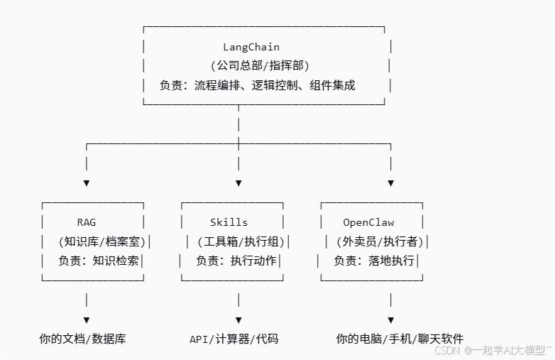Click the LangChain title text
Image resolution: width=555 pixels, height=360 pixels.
point(251,48)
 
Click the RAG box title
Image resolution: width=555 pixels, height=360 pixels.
point(86,222)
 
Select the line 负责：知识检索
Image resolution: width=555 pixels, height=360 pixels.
point(99,261)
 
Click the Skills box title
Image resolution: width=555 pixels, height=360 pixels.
point(229,222)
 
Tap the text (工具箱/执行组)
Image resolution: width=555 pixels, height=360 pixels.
point(240,241)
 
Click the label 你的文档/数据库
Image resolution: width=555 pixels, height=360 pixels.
point(83,339)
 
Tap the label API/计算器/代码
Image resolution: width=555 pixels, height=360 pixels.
point(234,339)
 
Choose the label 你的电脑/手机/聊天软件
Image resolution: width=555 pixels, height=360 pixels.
point(400,339)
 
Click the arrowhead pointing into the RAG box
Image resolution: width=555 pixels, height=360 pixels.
point(87,183)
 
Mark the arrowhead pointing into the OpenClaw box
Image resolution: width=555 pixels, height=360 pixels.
point(391,183)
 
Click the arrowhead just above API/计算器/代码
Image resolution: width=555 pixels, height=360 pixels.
point(238,320)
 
